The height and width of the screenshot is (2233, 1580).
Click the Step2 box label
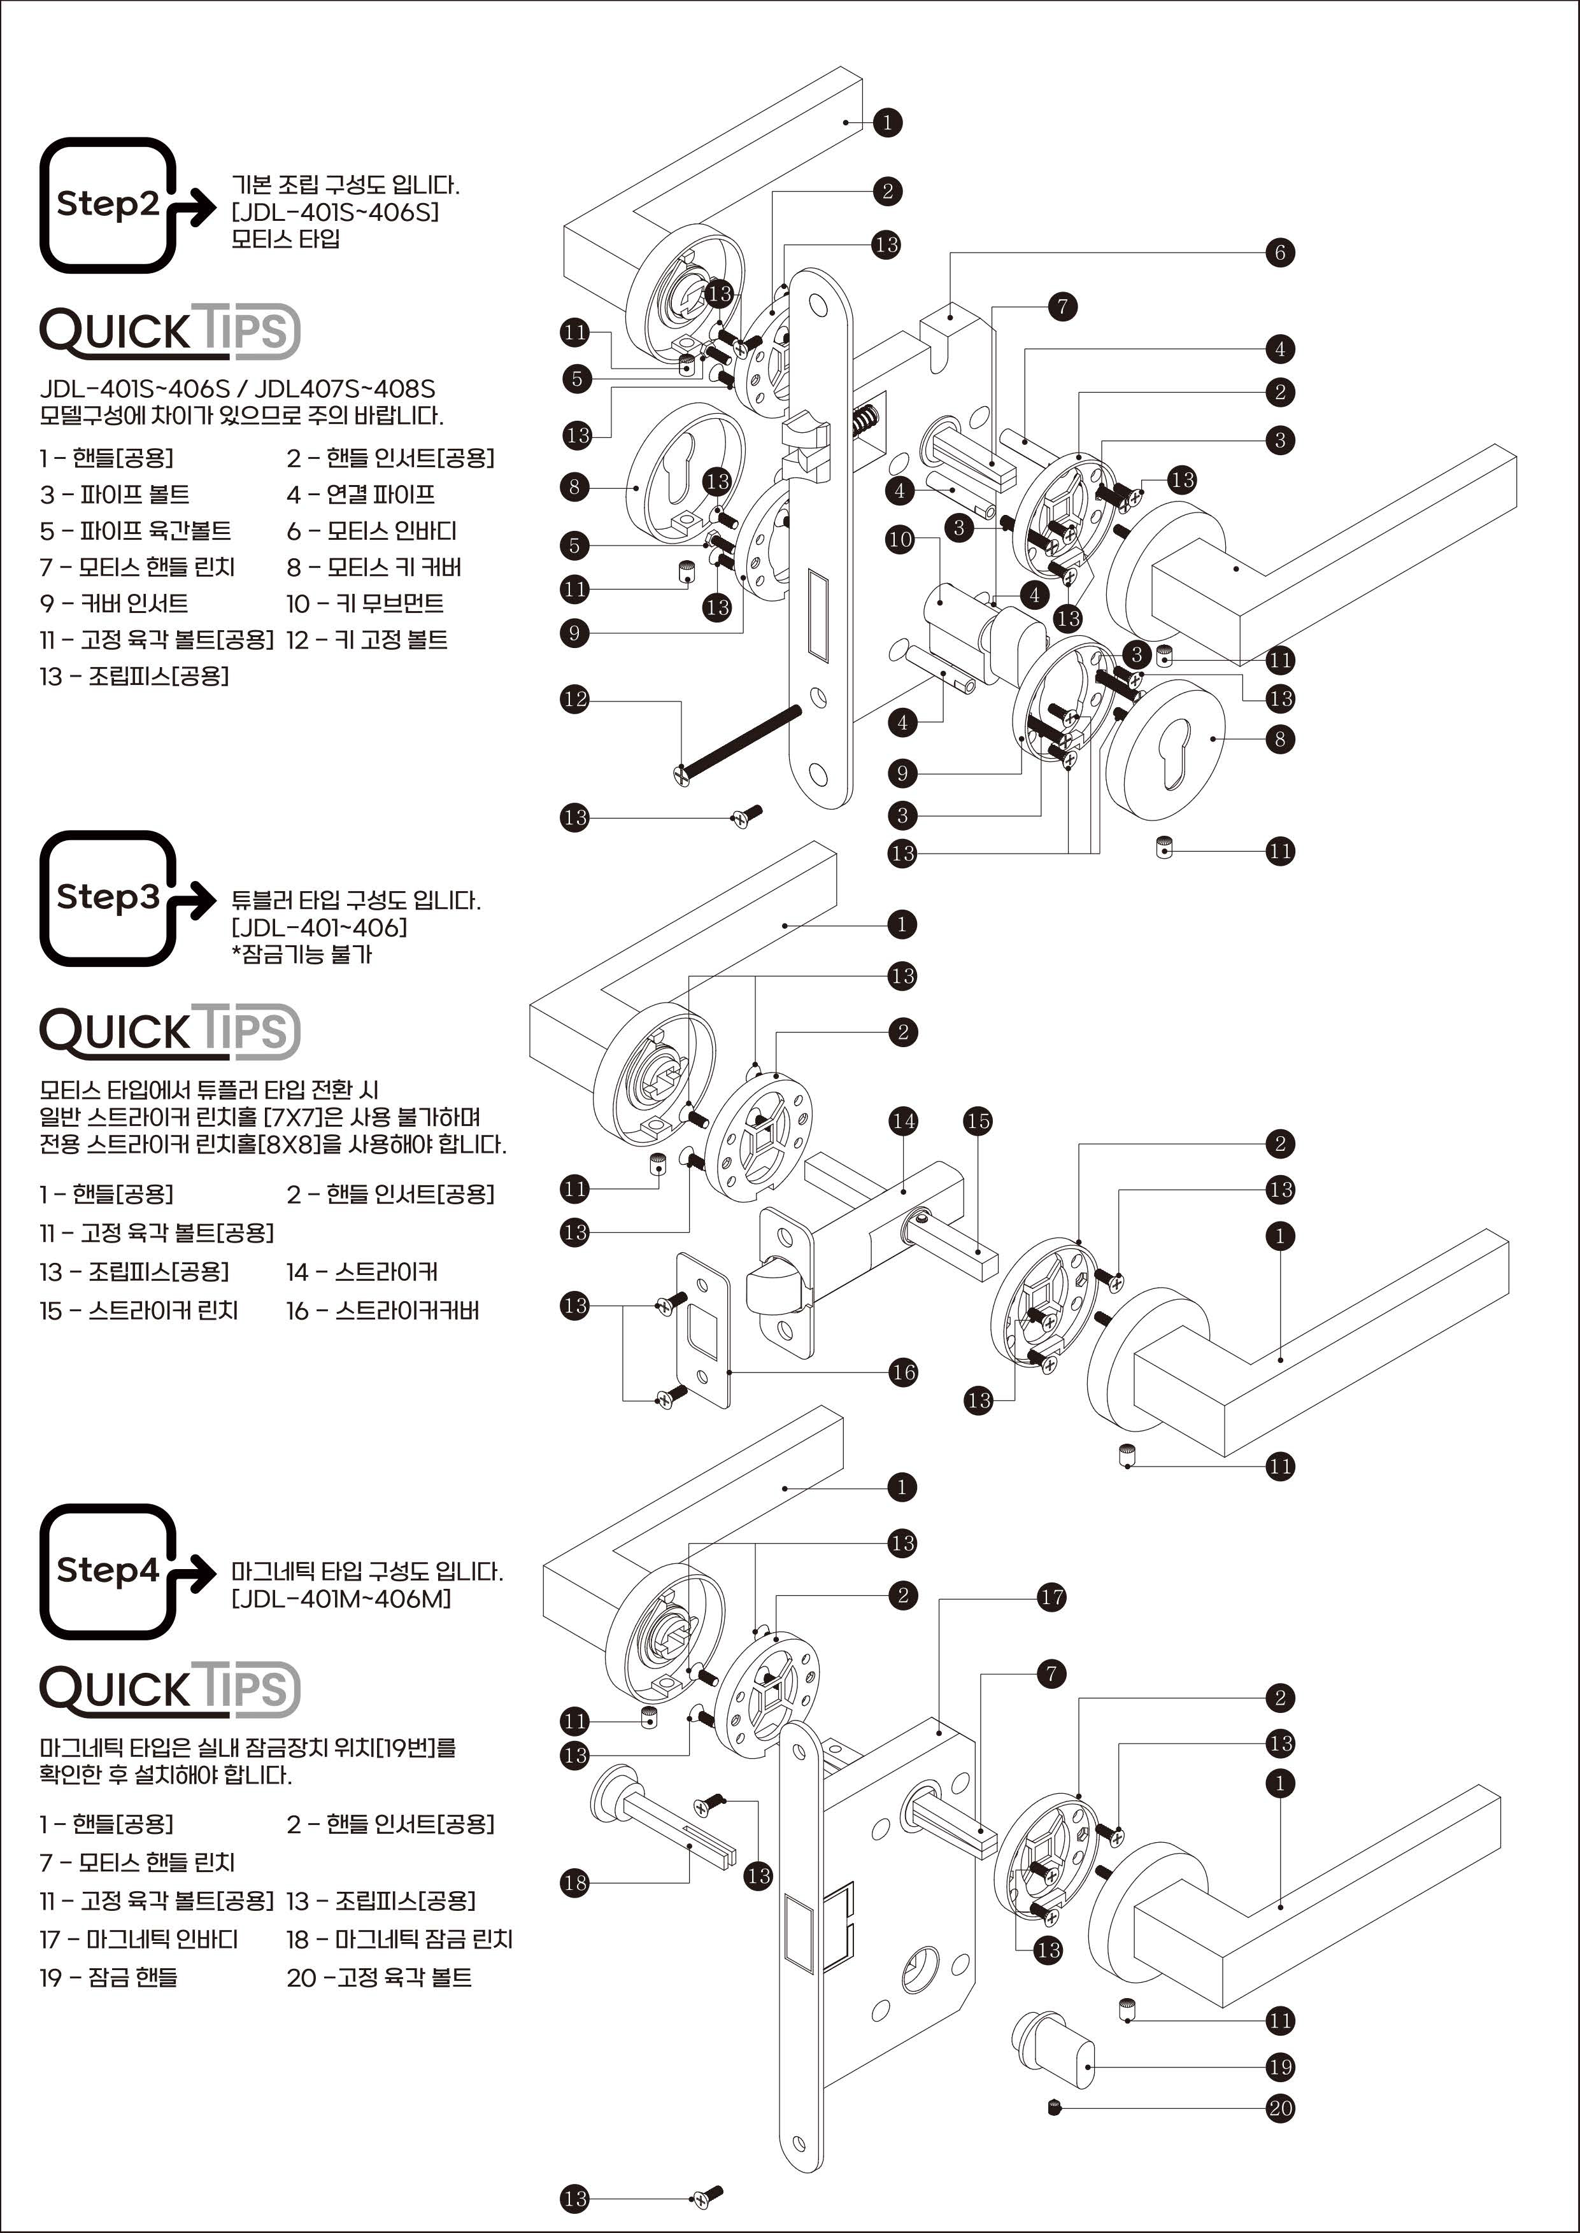[x=107, y=204]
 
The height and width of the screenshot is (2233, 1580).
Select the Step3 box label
[x=107, y=897]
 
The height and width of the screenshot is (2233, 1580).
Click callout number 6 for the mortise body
[x=1279, y=253]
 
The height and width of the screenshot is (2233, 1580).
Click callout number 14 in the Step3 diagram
[x=903, y=1122]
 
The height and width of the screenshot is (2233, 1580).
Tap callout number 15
[x=978, y=1122]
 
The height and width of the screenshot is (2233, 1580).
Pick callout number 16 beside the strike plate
[x=903, y=1372]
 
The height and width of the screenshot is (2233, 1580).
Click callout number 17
[x=1051, y=1597]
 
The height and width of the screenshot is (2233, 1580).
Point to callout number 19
[x=1279, y=2067]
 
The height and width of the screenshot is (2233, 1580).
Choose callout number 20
[x=1279, y=2108]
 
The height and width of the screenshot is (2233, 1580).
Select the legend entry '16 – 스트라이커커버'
[x=382, y=1311]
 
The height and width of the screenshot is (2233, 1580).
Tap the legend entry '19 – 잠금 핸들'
[x=108, y=1977]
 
